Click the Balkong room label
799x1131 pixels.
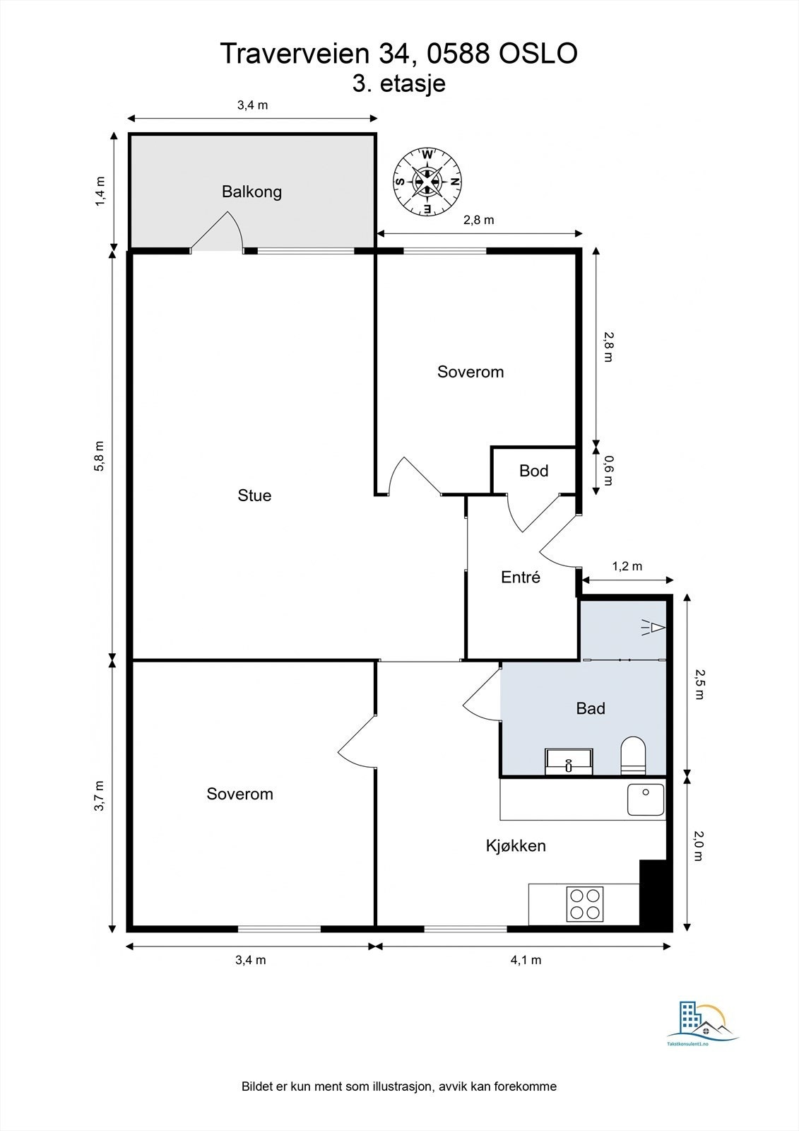pyautogui.click(x=251, y=192)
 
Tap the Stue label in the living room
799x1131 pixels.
pyautogui.click(x=254, y=496)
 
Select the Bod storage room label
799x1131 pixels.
pyautogui.click(x=533, y=471)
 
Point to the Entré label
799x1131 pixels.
pyautogui.click(x=521, y=577)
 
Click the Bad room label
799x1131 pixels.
pyautogui.click(x=591, y=708)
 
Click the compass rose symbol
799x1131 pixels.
pyautogui.click(x=427, y=182)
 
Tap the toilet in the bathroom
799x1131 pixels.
pyautogui.click(x=633, y=756)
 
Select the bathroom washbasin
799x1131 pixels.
pyautogui.click(x=569, y=762)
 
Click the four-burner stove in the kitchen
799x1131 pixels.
pyautogui.click(x=585, y=904)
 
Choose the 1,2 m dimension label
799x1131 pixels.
pyautogui.click(x=627, y=566)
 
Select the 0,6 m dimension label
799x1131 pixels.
pyautogui.click(x=609, y=470)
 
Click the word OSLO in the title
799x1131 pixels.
pyautogui.click(x=538, y=54)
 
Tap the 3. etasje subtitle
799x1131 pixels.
pyautogui.click(x=398, y=83)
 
